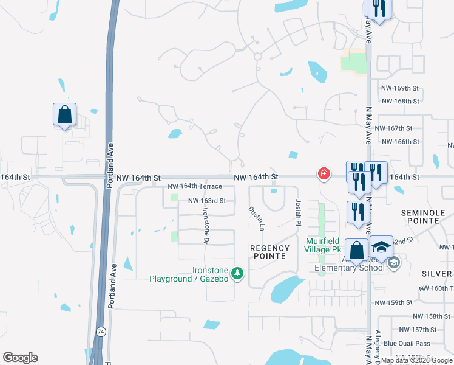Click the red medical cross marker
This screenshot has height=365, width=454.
tap(324, 175)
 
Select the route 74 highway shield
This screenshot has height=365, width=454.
tap(100, 331)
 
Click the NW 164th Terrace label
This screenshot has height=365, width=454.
tap(195, 186)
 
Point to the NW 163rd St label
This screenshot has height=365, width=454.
tap(207, 201)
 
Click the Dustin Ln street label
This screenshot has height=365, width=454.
tap(256, 218)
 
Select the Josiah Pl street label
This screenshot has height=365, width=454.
tap(297, 213)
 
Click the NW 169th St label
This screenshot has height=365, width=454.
tap(401, 88)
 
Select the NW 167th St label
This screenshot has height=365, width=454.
tap(393, 128)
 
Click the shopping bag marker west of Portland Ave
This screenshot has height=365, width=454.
tap(64, 115)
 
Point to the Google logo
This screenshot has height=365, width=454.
tap(20, 358)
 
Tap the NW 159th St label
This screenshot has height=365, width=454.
tap(393, 302)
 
